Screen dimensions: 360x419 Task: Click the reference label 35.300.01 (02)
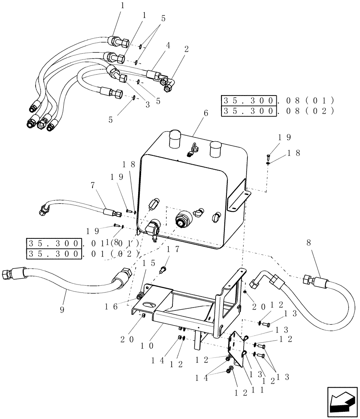click(x=82, y=254)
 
